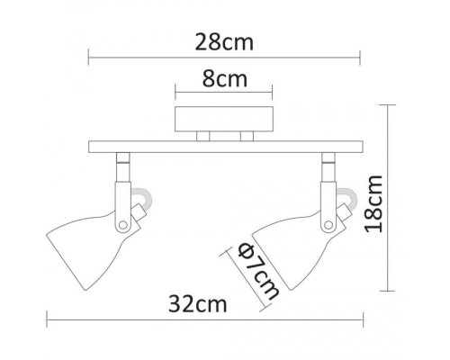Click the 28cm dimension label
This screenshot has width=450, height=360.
(224, 42)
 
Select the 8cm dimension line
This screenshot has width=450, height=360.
(224, 93)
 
